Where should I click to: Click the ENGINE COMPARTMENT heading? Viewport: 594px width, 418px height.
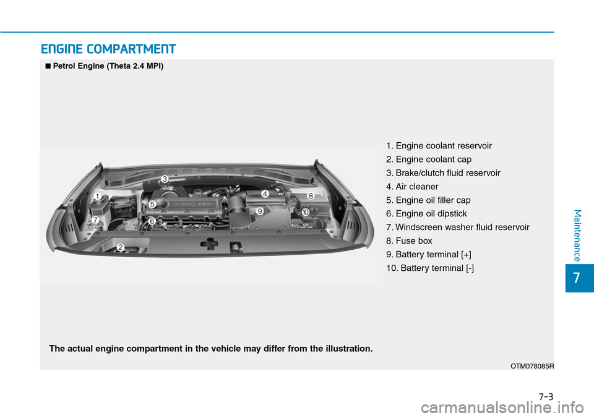tap(108, 49)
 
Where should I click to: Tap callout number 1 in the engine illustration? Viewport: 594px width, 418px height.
tap(98, 197)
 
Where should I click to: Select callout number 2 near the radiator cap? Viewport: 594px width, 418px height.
tap(121, 247)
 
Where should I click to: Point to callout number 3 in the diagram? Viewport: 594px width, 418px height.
tap(165, 179)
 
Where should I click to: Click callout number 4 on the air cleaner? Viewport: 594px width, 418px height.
tap(265, 194)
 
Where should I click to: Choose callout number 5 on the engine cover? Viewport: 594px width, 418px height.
tap(152, 205)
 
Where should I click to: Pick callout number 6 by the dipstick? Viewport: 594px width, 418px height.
tap(152, 221)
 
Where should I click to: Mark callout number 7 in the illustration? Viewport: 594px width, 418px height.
tap(95, 220)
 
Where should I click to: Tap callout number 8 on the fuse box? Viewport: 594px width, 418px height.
tap(311, 196)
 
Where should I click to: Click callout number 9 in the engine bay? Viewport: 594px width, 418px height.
tap(260, 211)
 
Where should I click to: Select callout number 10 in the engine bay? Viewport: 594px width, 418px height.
tap(305, 212)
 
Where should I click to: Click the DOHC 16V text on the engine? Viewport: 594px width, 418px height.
tap(192, 204)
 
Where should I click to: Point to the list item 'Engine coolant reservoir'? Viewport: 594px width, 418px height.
tap(439, 146)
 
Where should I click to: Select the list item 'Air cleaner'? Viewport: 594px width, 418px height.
tap(412, 187)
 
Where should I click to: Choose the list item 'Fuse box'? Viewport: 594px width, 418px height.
tap(409, 241)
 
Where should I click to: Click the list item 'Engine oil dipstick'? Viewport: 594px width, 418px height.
tap(426, 213)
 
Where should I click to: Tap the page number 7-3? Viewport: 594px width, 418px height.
tap(546, 397)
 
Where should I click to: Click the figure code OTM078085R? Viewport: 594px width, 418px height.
tap(532, 366)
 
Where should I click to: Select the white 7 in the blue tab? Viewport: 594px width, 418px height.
tap(577, 278)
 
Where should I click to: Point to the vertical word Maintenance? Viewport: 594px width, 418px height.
tap(577, 236)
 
